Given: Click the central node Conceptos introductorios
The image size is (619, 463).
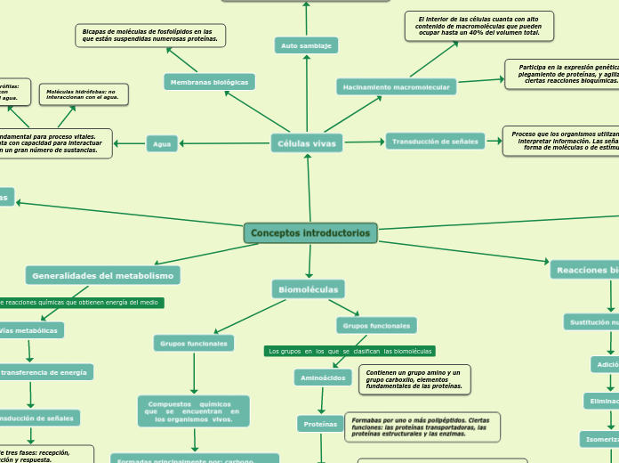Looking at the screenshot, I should (310, 233).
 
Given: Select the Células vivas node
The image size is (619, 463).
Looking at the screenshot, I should (307, 142).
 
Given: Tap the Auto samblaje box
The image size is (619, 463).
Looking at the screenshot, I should (306, 45).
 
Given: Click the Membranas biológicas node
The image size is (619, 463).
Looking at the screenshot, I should (210, 82).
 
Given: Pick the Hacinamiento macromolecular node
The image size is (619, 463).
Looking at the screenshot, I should (397, 86).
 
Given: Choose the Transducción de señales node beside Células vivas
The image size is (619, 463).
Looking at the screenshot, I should (435, 141).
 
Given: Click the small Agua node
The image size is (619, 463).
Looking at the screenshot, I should (162, 143).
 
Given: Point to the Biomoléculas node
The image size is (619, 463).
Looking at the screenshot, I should (308, 289).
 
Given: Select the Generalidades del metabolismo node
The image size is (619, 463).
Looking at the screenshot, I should (102, 275).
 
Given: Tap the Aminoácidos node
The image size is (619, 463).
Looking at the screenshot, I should (323, 378).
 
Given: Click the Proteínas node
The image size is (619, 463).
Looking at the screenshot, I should (320, 425).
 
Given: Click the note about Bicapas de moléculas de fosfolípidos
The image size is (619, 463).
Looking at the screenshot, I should (150, 36).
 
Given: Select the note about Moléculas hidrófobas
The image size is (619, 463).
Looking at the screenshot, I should (84, 93).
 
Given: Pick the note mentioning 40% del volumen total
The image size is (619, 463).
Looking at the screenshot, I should (478, 25).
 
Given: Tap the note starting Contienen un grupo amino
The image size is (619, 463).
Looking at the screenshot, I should (414, 378).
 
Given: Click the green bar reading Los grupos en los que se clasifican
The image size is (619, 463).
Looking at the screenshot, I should (350, 351).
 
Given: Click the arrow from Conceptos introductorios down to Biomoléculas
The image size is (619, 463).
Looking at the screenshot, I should (309, 261).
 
